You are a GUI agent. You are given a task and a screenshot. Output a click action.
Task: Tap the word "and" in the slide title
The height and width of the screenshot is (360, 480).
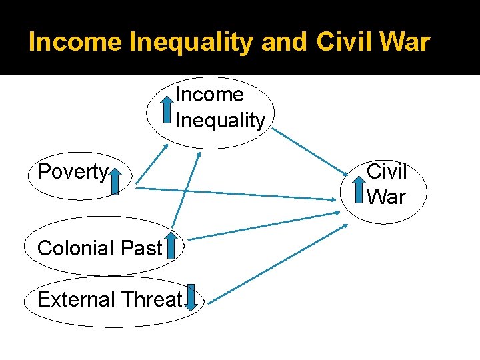[285, 42]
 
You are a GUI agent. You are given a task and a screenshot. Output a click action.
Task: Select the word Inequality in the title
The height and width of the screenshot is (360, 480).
[191, 42]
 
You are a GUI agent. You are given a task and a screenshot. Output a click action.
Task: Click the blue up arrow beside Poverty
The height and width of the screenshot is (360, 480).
[115, 181]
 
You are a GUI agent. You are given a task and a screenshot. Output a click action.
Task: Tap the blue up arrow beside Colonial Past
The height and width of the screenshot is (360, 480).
[171, 245]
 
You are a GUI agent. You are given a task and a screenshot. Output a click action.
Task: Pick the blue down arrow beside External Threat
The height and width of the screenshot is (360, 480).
[191, 298]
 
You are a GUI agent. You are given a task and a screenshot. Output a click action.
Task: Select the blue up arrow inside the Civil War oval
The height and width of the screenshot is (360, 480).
[360, 187]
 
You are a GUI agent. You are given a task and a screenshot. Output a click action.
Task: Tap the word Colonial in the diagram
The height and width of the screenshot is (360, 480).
[75, 248]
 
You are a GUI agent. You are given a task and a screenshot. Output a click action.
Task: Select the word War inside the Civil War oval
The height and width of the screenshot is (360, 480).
[386, 197]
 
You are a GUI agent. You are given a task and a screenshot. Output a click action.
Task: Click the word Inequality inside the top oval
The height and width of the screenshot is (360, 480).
[220, 121]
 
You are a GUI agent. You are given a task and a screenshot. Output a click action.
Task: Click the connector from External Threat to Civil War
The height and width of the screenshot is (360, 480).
[275, 264]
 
